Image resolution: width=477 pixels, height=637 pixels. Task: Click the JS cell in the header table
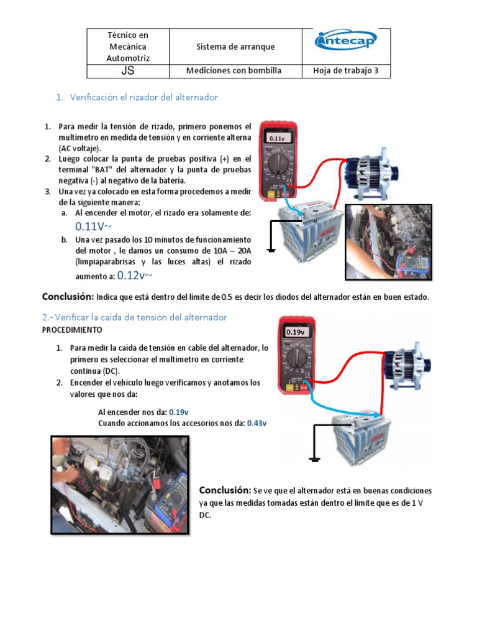click(x=127, y=71)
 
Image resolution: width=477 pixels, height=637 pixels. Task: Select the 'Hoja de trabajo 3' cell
click(x=346, y=71)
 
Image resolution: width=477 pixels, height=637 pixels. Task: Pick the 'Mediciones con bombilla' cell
click(x=234, y=71)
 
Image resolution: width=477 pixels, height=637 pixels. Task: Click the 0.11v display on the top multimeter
click(x=277, y=138)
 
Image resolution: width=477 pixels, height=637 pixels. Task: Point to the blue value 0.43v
click(x=257, y=423)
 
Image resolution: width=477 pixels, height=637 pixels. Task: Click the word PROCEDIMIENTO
click(x=72, y=329)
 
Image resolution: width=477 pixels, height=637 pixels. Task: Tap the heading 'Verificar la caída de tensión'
click(x=134, y=317)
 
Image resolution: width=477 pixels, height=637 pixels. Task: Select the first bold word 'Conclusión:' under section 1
click(x=68, y=296)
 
